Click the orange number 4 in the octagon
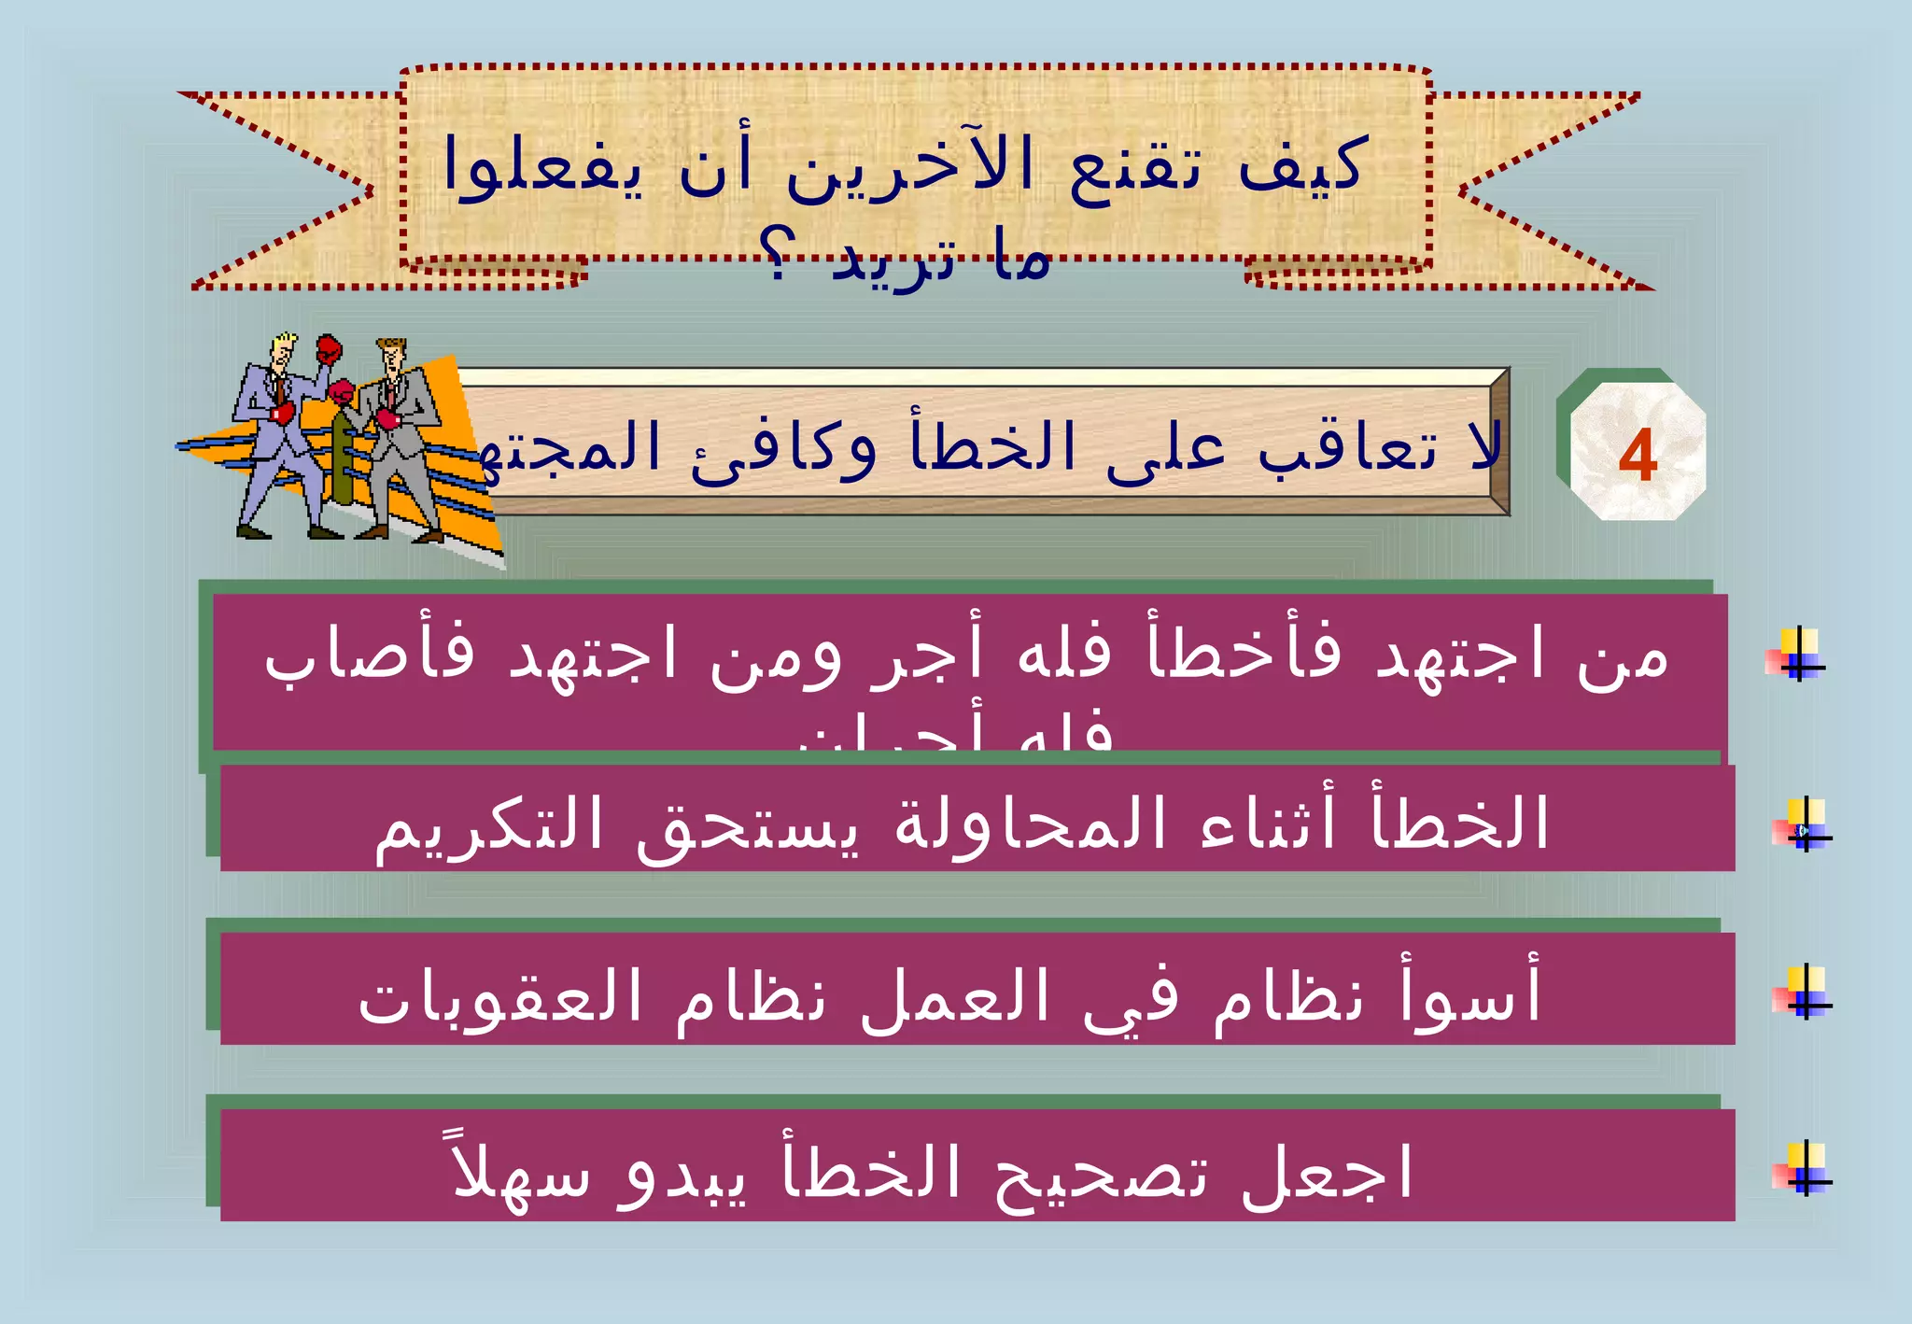pyautogui.click(x=1638, y=456)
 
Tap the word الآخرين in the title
pyautogui.click(x=910, y=166)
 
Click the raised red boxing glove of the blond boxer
pyautogui.click(x=329, y=350)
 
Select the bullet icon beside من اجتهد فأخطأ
pyautogui.click(x=1798, y=655)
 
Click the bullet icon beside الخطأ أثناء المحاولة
pyautogui.click(x=1804, y=825)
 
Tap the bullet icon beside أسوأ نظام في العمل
pyautogui.click(x=1804, y=993)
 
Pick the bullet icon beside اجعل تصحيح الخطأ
pyautogui.click(x=1804, y=1169)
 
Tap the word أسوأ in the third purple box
pyautogui.click(x=1470, y=993)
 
